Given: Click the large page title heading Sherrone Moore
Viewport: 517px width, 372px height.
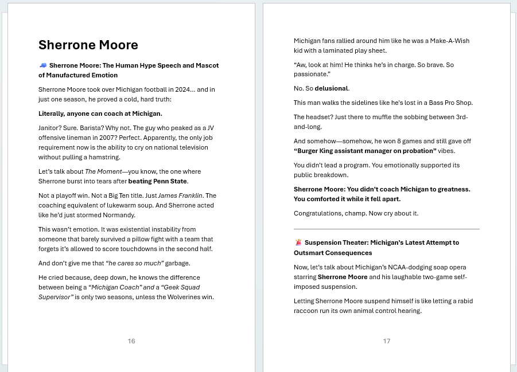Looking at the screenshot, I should (x=88, y=45).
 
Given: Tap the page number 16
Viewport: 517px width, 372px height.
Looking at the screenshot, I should (x=131, y=341).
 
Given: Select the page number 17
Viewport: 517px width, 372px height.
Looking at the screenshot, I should (x=387, y=341).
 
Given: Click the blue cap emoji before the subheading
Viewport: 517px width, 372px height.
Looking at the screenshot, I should (x=42, y=65).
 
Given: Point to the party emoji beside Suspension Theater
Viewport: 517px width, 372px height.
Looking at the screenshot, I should (x=298, y=242).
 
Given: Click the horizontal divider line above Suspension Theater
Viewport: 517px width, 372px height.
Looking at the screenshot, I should (x=386, y=229).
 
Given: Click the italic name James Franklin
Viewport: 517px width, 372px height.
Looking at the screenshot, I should (x=180, y=195).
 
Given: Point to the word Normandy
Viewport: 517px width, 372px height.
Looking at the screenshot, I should (x=119, y=215).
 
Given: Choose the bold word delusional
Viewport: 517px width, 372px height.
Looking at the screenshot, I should (x=332, y=88).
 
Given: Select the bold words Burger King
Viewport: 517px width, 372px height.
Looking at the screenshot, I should (x=316, y=151).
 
